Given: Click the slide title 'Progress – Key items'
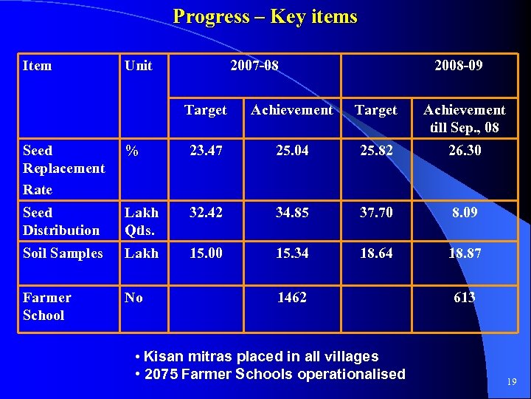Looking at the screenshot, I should [x=265, y=17].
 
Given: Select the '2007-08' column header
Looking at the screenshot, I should [x=254, y=66].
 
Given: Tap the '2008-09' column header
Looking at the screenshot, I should [x=459, y=66].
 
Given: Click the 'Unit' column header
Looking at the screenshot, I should [x=139, y=66].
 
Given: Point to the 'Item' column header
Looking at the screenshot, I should [x=38, y=66].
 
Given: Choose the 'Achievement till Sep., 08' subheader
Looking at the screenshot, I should [x=464, y=119].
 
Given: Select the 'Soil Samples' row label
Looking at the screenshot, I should [x=63, y=253].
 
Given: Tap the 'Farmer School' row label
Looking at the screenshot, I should [x=47, y=307].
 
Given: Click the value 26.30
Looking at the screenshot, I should [x=464, y=151].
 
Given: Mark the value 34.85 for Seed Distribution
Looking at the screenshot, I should [x=291, y=213].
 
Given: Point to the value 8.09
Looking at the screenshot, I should [x=464, y=213].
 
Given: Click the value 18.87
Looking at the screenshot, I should [x=464, y=253].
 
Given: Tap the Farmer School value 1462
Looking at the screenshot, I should [x=291, y=298].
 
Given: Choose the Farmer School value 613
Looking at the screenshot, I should [x=464, y=298].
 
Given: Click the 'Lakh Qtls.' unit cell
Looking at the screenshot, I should [x=142, y=221].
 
